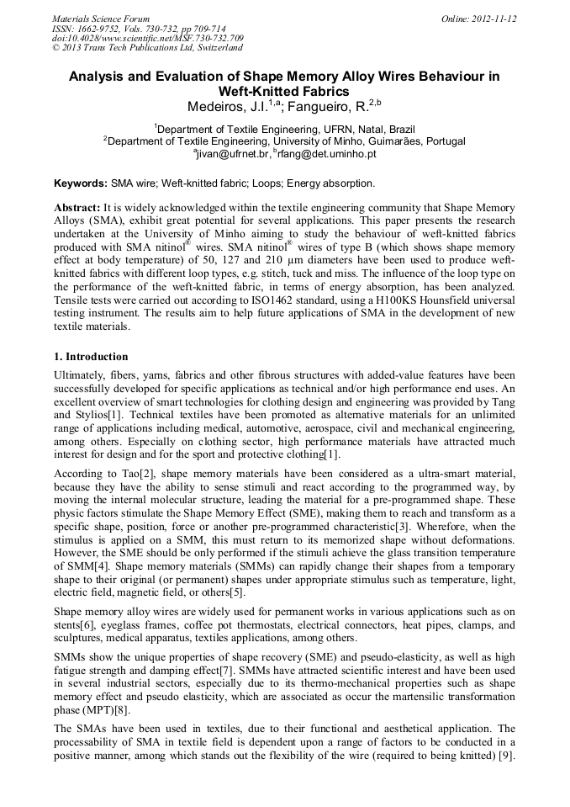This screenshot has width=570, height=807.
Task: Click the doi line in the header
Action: click(x=148, y=38)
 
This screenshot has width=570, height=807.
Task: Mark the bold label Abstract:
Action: click(x=77, y=207)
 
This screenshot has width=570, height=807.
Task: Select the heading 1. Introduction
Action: click(x=92, y=357)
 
